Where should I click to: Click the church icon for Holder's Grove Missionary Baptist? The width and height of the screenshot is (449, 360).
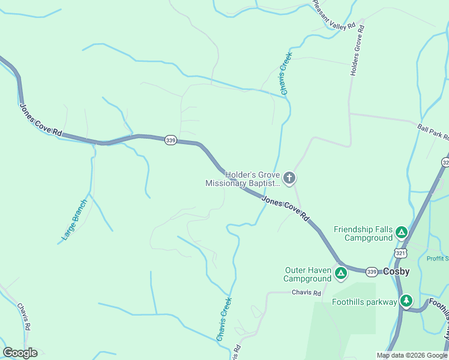[289, 178]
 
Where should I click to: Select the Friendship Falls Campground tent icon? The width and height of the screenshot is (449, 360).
[402, 232]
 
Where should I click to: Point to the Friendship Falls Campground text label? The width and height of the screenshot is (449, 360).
[363, 233]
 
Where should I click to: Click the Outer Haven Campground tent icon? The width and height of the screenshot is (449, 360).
[341, 274]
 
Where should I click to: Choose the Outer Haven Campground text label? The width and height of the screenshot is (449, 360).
[307, 274]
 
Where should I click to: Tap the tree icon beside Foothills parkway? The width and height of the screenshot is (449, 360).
[407, 301]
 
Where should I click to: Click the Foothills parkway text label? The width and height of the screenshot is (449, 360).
[364, 302]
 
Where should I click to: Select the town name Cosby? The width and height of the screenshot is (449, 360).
[396, 272]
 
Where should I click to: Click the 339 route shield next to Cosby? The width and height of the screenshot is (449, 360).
[372, 272]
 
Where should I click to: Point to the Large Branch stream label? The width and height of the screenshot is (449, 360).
[74, 220]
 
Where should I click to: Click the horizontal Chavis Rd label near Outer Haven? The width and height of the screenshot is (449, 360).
[306, 292]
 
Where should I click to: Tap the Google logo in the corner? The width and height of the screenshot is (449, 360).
[20, 353]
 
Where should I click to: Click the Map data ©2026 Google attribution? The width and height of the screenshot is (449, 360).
[412, 355]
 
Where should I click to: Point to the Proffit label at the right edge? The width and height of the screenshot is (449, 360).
[437, 259]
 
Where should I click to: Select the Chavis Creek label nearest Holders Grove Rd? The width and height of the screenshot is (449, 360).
[286, 74]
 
